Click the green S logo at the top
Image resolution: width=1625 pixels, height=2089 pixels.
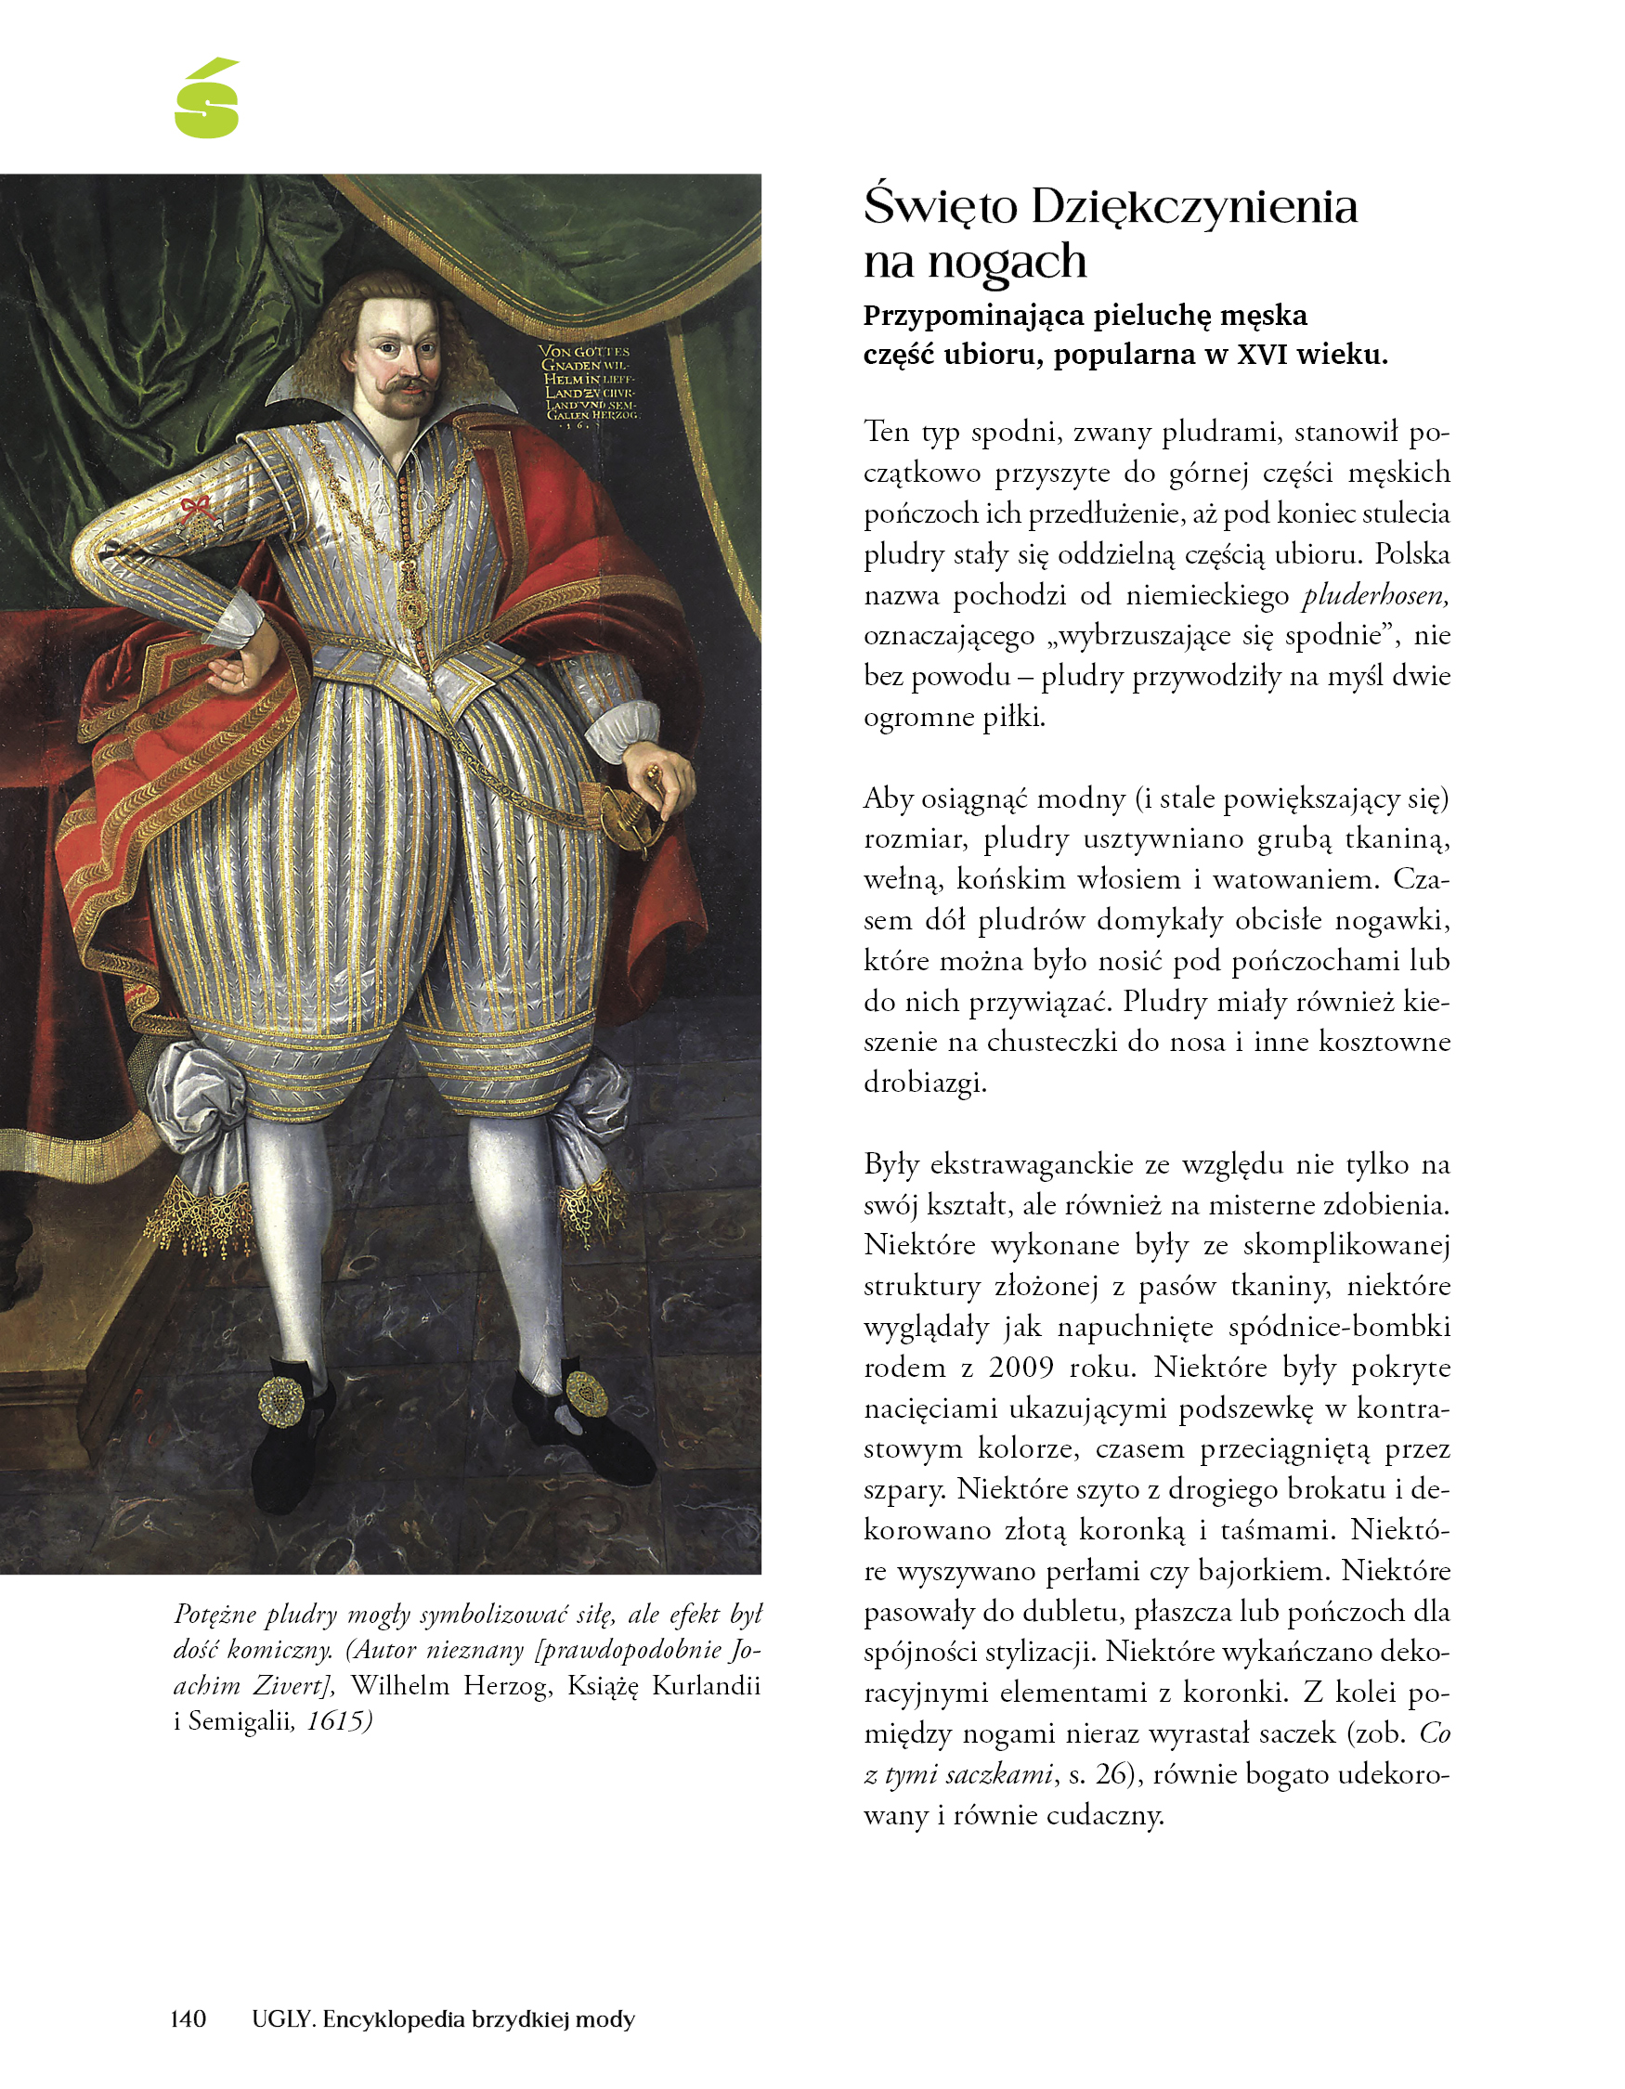[x=206, y=98]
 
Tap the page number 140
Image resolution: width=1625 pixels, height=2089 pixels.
[x=188, y=2018]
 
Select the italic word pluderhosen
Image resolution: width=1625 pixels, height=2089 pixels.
[x=1375, y=595]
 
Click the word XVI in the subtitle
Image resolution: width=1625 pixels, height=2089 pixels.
[x=1265, y=355]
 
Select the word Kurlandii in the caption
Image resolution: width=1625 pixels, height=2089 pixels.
[x=706, y=1685]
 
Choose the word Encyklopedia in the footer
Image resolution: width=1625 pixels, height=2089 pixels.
[x=383, y=2018]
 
